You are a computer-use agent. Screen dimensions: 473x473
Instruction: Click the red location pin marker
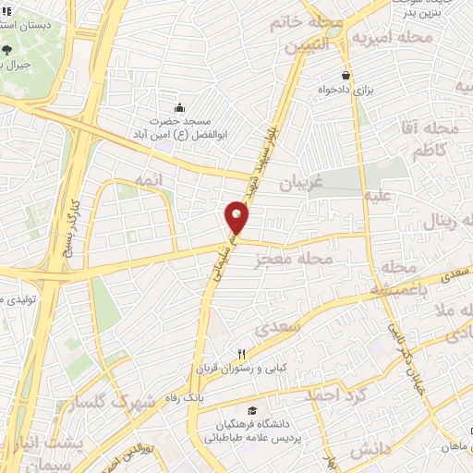coord(236,217)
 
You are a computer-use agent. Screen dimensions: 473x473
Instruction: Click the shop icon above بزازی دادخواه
coord(346,76)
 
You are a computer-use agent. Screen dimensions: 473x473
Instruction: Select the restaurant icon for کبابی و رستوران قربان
coord(242,353)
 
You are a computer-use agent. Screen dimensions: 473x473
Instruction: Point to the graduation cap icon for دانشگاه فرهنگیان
coord(251,410)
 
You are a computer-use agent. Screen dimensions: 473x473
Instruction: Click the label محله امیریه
coord(404,37)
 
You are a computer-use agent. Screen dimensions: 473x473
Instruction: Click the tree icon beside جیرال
coord(8,51)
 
